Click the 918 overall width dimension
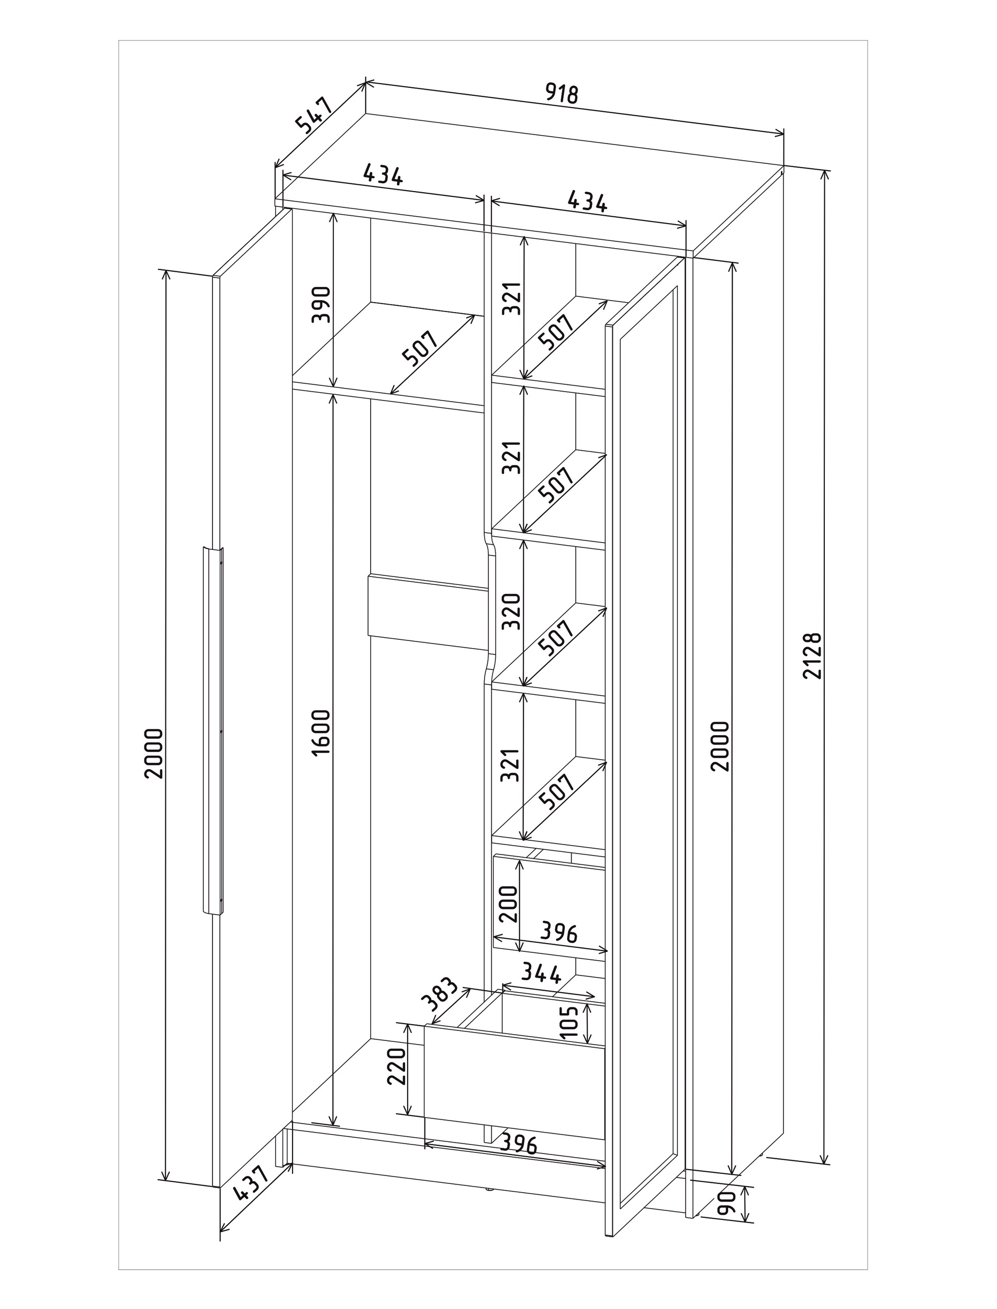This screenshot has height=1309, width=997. point(561,94)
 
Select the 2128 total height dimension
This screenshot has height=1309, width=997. point(812,656)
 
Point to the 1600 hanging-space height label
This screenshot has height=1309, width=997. point(321,732)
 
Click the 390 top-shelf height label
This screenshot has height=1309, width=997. point(321,304)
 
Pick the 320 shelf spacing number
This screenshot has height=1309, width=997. point(511,611)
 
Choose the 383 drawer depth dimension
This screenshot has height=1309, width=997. point(439,994)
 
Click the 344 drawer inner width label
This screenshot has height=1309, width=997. point(541,973)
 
